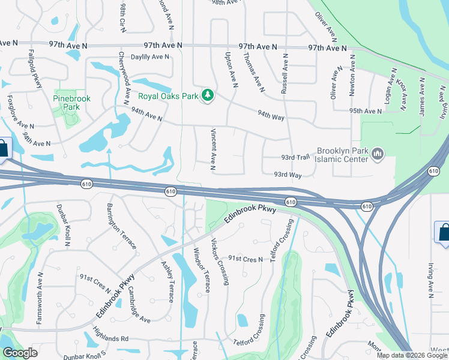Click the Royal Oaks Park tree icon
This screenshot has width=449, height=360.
[208, 95]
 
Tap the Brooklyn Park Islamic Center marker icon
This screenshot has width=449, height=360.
[378, 154]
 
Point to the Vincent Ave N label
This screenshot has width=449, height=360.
[212, 149]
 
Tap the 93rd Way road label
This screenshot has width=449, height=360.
[288, 175]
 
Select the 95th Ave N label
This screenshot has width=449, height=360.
[366, 112]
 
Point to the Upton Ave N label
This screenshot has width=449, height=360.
[231, 67]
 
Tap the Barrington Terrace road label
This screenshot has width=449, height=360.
[122, 226]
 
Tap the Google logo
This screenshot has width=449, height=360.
[20, 353]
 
